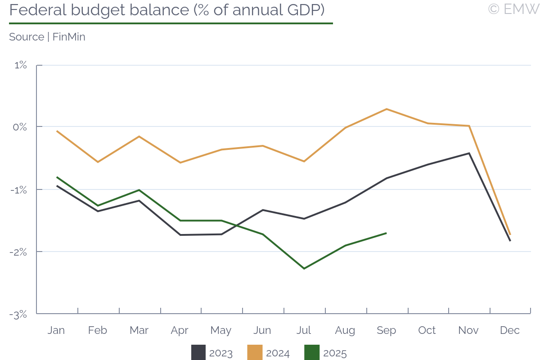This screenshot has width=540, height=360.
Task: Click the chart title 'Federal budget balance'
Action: [166, 10]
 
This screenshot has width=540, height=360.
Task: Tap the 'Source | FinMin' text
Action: [47, 37]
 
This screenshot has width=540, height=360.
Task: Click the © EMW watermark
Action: [513, 9]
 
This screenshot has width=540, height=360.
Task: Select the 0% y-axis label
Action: [20, 127]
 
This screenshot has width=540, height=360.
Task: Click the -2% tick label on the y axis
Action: [19, 252]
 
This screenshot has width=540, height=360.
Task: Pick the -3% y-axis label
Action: [19, 314]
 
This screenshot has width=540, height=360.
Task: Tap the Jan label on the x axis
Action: [56, 330]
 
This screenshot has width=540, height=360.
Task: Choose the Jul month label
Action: [304, 330]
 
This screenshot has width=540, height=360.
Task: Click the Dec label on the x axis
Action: [510, 330]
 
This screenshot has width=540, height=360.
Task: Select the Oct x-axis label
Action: [427, 330]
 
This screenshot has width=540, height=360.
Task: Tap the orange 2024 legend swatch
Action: [255, 353]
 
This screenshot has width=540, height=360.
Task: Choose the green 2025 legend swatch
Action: [312, 353]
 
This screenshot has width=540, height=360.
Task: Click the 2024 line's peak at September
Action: [387, 109]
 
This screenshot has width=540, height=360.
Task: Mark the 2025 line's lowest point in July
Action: [304, 269]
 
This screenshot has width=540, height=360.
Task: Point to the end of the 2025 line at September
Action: [387, 233]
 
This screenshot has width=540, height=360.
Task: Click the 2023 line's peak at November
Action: [469, 153]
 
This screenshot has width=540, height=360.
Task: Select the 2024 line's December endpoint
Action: [510, 234]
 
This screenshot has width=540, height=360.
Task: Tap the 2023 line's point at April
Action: [180, 235]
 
